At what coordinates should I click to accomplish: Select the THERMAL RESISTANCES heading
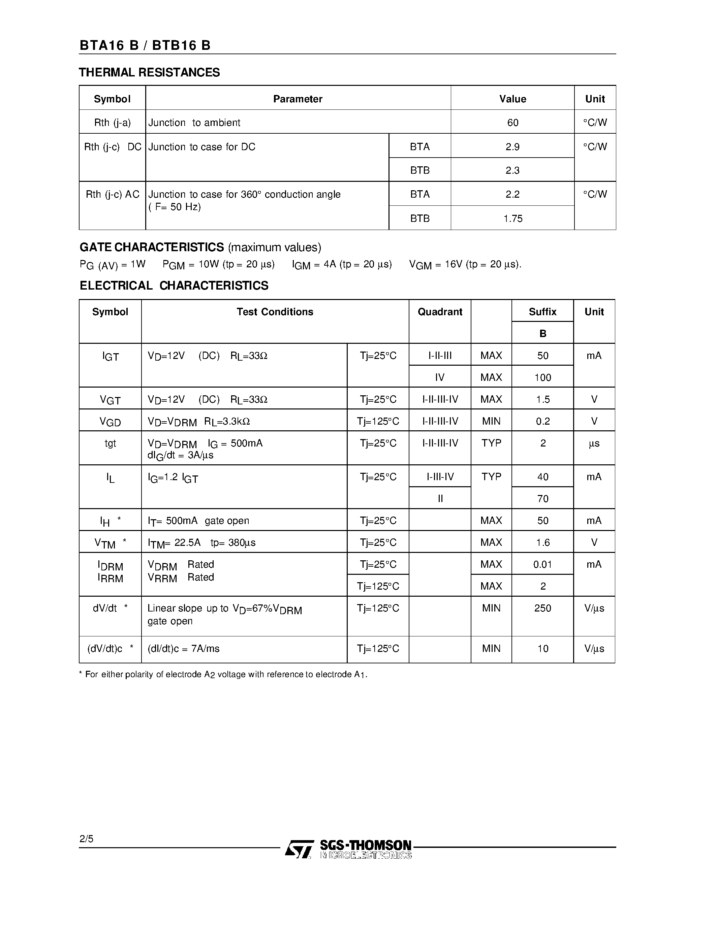[149, 72]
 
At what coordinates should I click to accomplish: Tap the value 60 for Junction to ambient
[512, 123]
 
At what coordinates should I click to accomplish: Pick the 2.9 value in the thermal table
[512, 147]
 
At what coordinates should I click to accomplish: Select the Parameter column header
[297, 99]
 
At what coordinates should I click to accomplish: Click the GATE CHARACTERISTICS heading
[152, 247]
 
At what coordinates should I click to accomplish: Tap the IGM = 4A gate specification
[341, 265]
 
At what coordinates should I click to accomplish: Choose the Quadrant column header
[440, 312]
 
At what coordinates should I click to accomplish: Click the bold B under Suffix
[542, 334]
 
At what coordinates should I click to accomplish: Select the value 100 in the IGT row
[542, 377]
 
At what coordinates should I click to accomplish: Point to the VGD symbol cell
[110, 422]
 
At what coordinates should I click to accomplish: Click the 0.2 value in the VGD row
[542, 421]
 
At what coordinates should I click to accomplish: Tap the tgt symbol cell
[110, 443]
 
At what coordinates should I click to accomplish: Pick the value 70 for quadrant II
[542, 499]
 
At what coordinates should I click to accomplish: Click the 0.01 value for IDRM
[542, 564]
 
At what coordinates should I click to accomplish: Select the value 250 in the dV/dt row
[542, 608]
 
